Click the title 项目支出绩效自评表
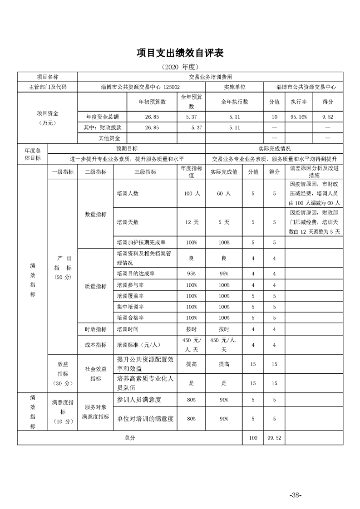[x=180, y=53]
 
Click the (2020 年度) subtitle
[x=180, y=67]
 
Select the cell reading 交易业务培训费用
[x=210, y=77]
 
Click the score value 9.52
[x=327, y=117]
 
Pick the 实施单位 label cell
[x=234, y=87]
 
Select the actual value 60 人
[x=223, y=193]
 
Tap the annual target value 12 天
[x=192, y=222]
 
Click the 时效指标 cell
[x=96, y=329]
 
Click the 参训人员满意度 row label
[x=139, y=400]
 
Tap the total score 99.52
[x=274, y=438]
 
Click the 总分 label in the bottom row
[x=130, y=438]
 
